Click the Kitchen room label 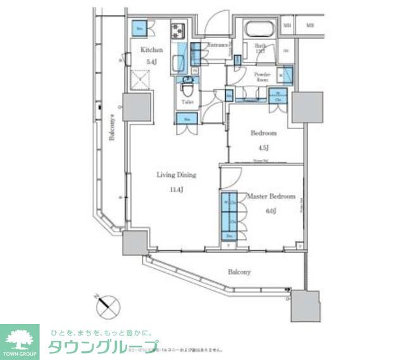click(152, 50)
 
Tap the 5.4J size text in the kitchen click(151, 61)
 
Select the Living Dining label click(177, 175)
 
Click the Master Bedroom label click(271, 197)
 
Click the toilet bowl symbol click(187, 86)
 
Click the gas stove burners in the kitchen click(177, 30)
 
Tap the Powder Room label click(262, 78)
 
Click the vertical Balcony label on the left click(111, 130)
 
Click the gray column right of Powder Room click(307, 108)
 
